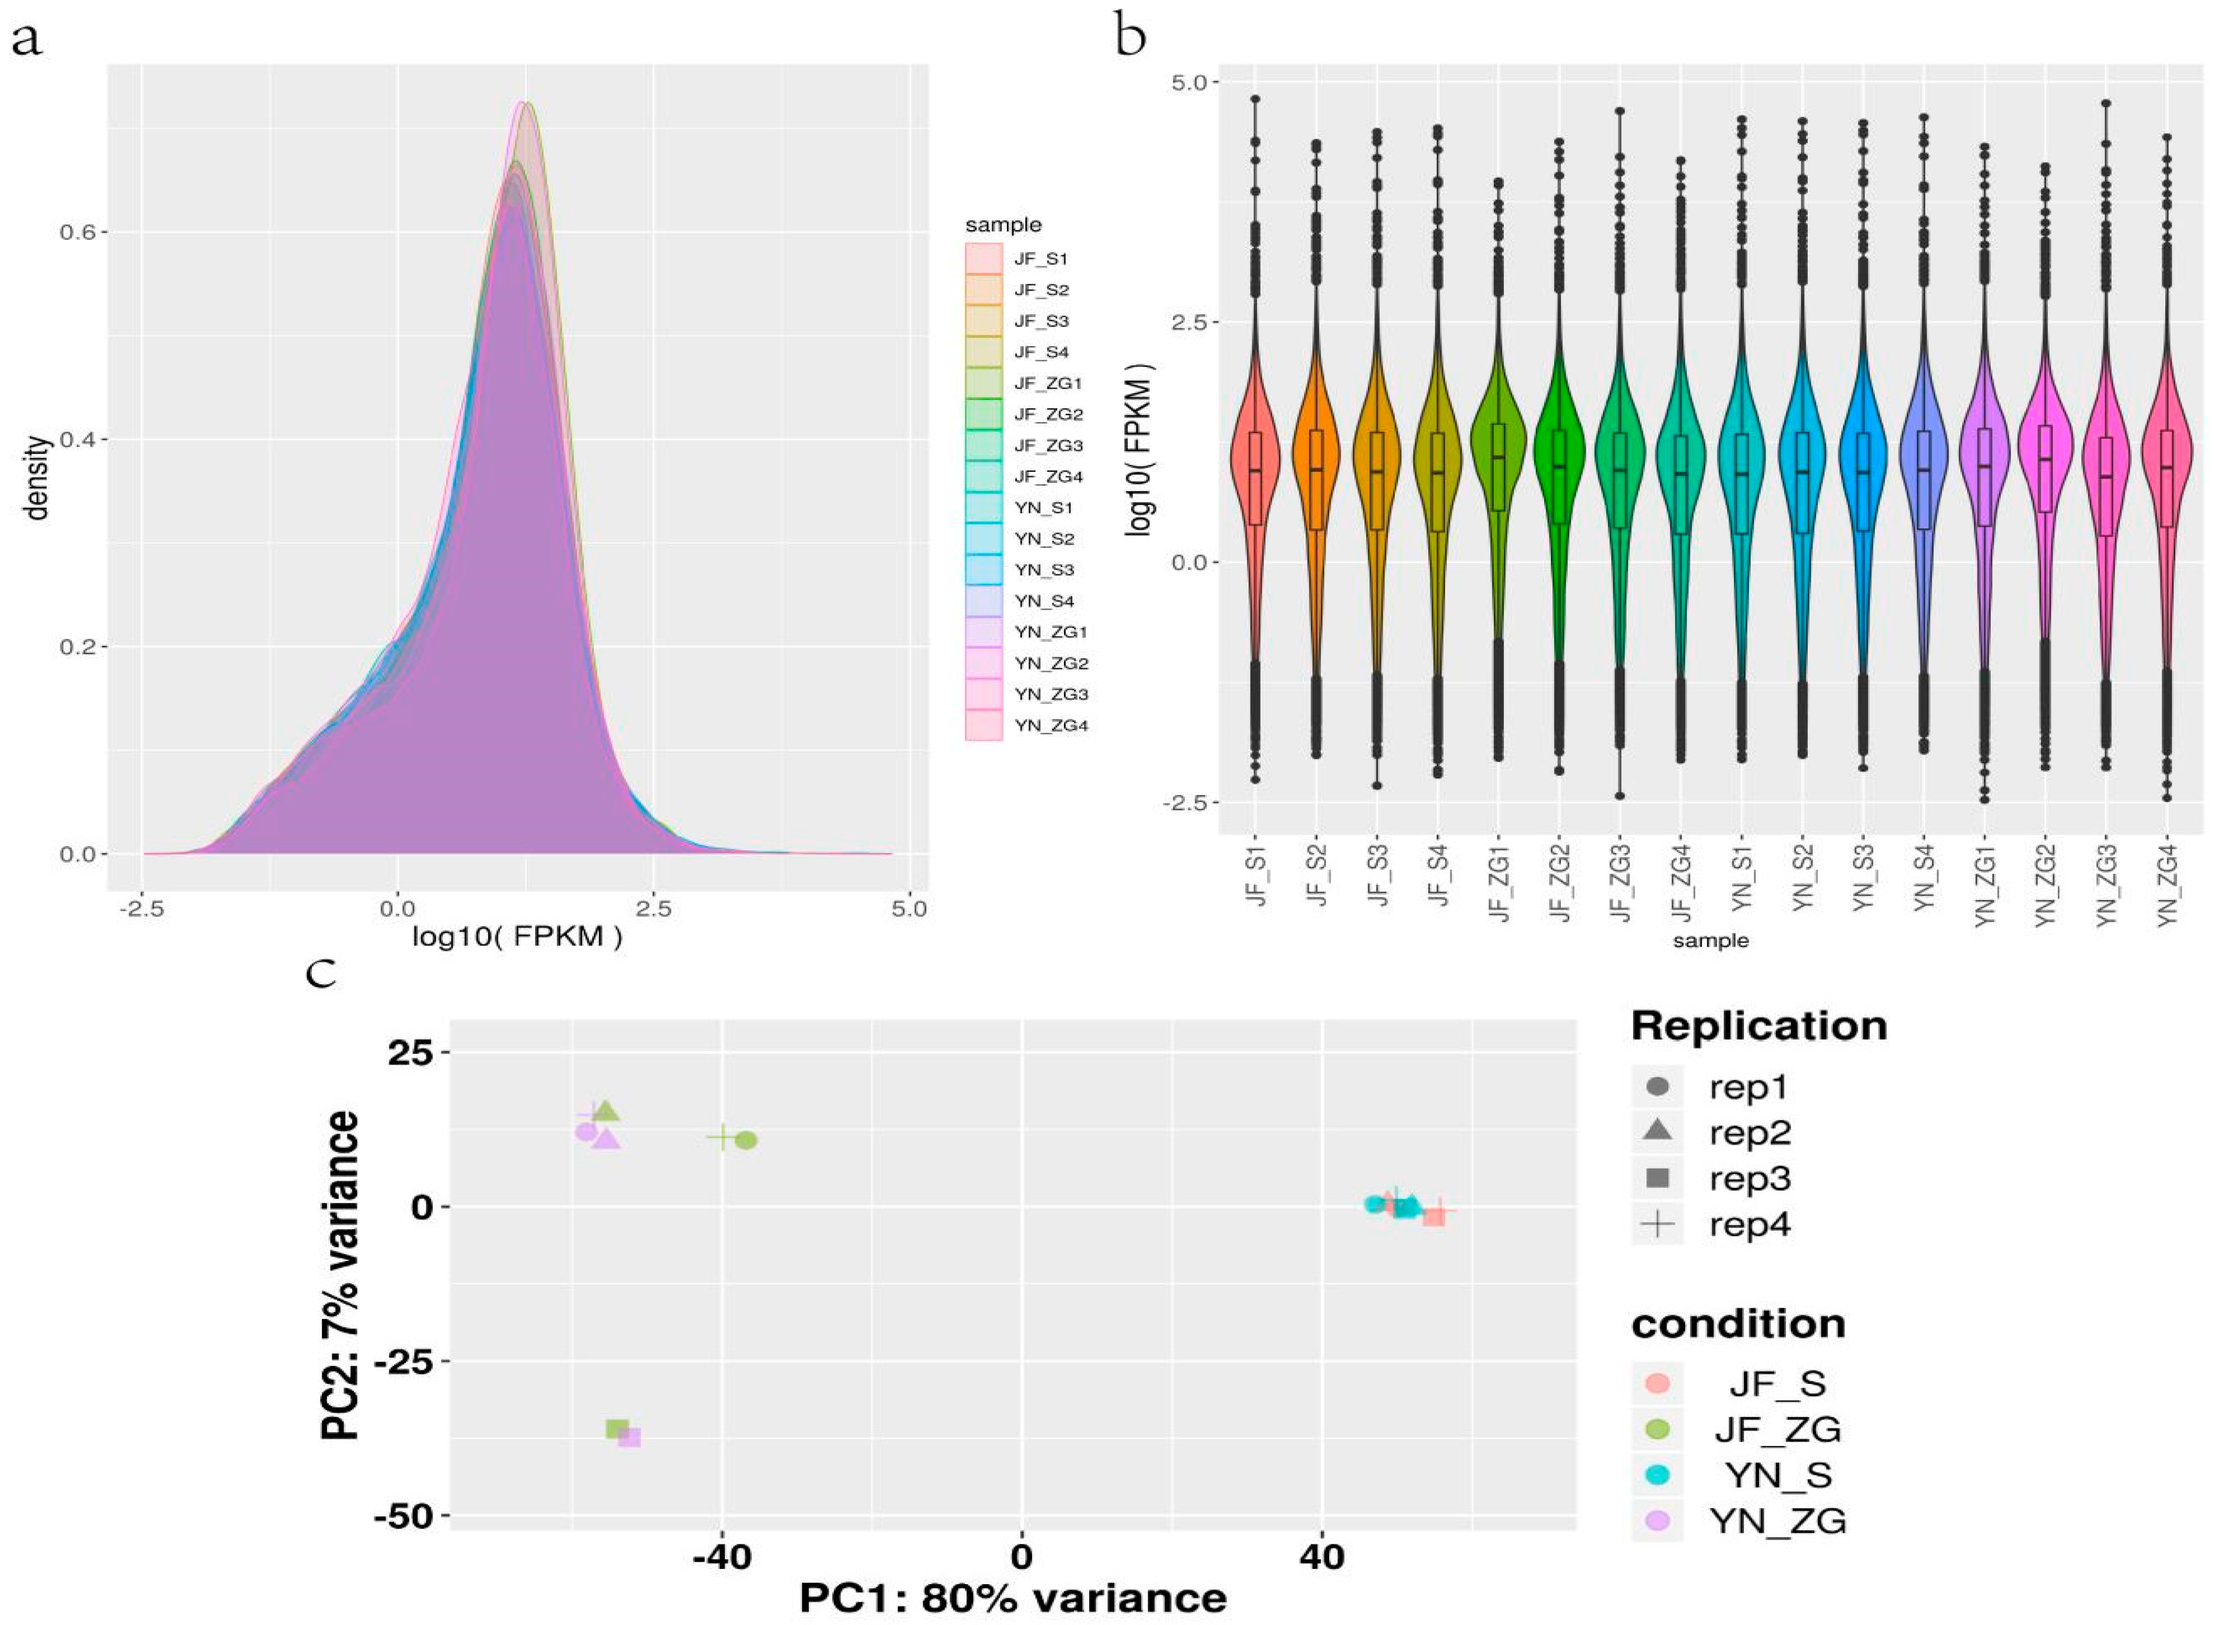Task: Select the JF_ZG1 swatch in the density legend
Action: pyautogui.click(x=983, y=383)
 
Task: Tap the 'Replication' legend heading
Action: pyautogui.click(x=1759, y=1026)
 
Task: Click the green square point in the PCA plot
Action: pyautogui.click(x=617, y=1429)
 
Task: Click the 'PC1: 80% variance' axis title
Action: pyautogui.click(x=1013, y=1598)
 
